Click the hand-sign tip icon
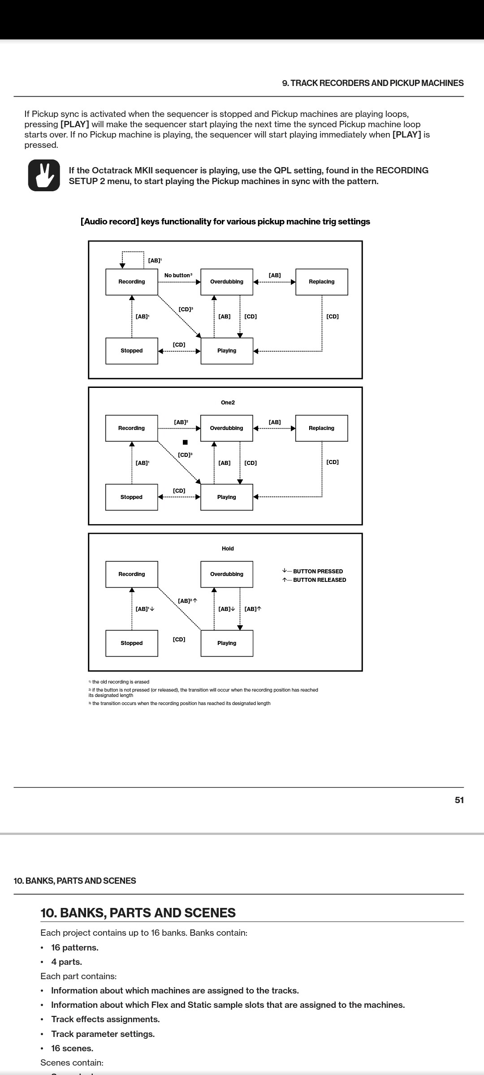pos(44,175)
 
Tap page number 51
pos(459,800)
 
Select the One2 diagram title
pos(228,402)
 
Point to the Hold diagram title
pos(228,548)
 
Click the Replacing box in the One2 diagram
pos(321,428)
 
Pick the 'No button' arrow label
pos(178,275)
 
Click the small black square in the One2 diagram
pos(185,442)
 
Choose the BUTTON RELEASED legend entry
pos(314,580)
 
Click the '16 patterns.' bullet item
pos(74,947)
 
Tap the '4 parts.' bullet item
pos(66,962)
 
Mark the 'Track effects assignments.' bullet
pos(105,1019)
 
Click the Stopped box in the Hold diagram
pos(132,643)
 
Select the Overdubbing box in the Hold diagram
pos(227,574)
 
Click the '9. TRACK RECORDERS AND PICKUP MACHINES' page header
pos(373,83)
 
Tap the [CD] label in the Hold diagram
pos(179,639)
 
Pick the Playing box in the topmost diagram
pos(227,351)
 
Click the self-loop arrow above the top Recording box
pos(133,253)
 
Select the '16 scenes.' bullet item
pos(72,1048)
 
